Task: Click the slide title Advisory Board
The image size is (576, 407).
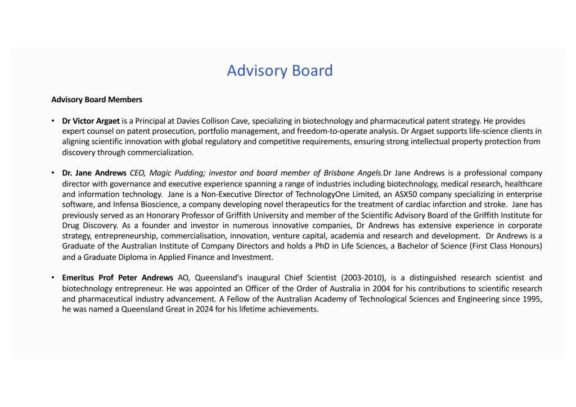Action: tap(280, 71)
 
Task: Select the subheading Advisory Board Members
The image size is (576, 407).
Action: tap(97, 100)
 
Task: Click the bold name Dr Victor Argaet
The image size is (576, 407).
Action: tap(91, 121)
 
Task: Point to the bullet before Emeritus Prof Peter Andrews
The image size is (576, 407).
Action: tap(52, 278)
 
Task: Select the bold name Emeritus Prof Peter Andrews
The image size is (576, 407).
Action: tap(118, 278)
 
